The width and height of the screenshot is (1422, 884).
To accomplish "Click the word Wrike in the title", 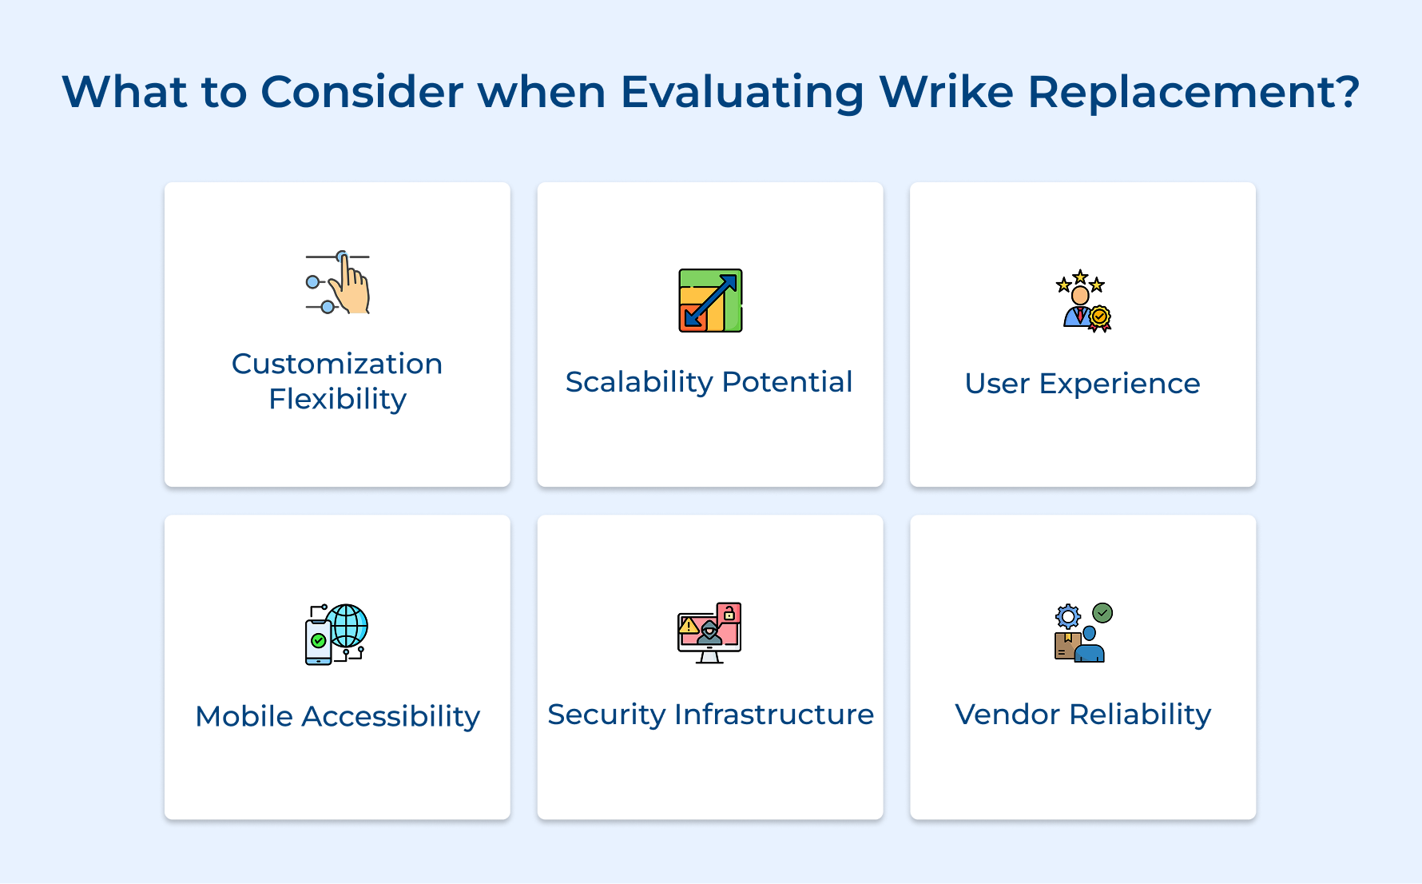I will pyautogui.click(x=946, y=91).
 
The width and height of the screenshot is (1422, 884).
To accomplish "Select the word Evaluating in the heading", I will pyautogui.click(x=741, y=91).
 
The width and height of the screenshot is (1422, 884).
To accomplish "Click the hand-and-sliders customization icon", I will pyautogui.click(x=338, y=283).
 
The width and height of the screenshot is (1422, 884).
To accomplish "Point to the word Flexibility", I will pyautogui.click(x=337, y=399).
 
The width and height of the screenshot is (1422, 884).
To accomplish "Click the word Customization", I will pyautogui.click(x=337, y=364).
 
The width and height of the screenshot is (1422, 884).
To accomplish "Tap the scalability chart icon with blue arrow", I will pyautogui.click(x=710, y=301).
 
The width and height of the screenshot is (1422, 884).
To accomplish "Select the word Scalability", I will pyautogui.click(x=638, y=382).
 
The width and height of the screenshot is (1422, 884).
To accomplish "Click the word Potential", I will pyautogui.click(x=787, y=382).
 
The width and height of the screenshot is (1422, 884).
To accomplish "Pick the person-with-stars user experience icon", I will pyautogui.click(x=1082, y=301).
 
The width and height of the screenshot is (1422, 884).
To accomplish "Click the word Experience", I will pyautogui.click(x=1119, y=384).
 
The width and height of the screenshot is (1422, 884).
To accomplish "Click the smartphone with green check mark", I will pyautogui.click(x=318, y=642).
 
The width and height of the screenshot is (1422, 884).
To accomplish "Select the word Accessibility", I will pyautogui.click(x=391, y=716).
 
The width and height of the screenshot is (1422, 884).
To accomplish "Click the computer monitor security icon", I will pyautogui.click(x=709, y=633).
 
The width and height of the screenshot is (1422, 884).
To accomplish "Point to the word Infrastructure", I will pyautogui.click(x=773, y=714).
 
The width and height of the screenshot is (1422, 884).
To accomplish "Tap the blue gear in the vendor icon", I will pyautogui.click(x=1068, y=616).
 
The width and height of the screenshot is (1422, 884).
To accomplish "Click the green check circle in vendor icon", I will pyautogui.click(x=1102, y=613).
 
